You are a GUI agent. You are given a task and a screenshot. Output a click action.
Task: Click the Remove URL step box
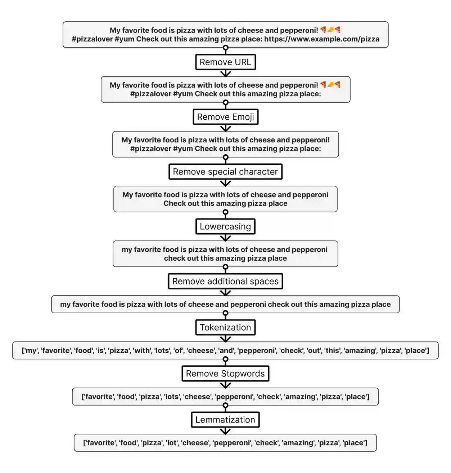click(x=225, y=62)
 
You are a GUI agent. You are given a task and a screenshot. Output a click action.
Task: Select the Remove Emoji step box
click(x=225, y=117)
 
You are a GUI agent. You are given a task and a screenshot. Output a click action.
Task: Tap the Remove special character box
click(x=225, y=172)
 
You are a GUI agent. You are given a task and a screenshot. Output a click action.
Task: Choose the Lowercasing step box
click(x=225, y=226)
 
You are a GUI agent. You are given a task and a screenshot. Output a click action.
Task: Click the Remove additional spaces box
click(x=225, y=281)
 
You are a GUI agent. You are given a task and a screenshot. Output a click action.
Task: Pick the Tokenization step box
click(x=225, y=327)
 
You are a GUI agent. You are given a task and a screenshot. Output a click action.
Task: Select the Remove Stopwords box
click(x=225, y=373)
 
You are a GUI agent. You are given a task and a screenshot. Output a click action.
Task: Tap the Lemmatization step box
click(x=225, y=420)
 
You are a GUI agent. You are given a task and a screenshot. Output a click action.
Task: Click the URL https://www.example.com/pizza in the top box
click(x=322, y=39)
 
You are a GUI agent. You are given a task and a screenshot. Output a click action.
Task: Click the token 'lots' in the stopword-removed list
click(x=172, y=397)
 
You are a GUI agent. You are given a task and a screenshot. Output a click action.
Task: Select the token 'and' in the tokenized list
click(x=226, y=350)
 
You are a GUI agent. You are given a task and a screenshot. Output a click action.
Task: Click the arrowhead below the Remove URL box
click(x=226, y=74)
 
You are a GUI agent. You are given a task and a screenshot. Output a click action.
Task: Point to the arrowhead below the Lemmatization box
click(x=225, y=432)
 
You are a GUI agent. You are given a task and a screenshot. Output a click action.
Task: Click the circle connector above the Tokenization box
click(x=226, y=313)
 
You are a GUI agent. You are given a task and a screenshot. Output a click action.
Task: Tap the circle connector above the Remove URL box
click(x=226, y=48)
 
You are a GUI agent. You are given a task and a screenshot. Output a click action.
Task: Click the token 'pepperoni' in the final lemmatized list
click(x=232, y=443)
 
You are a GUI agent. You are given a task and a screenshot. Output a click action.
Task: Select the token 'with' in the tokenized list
click(x=142, y=350)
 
